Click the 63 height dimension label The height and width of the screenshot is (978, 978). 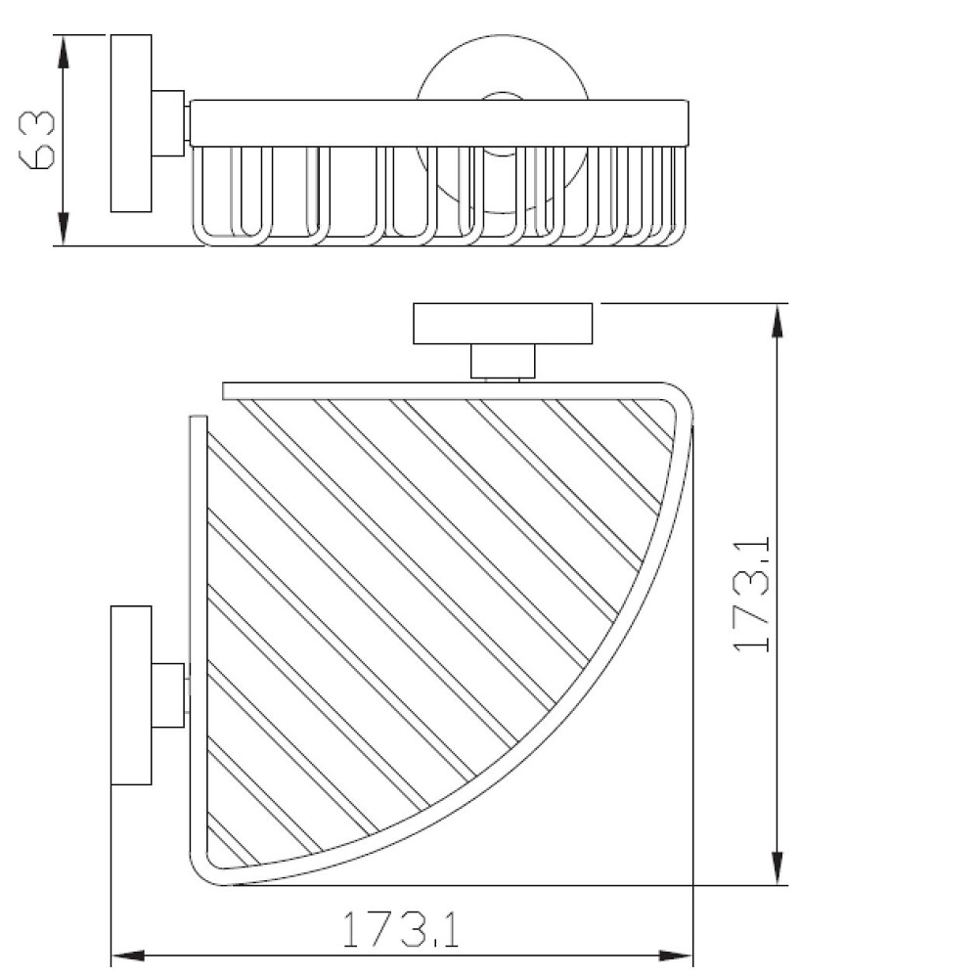coord(36,139)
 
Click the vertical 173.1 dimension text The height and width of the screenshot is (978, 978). coord(754,594)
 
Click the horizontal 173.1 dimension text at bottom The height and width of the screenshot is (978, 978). coord(401,930)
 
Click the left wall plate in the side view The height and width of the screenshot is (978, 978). coord(130,124)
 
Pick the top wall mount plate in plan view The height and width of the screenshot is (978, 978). coord(503,325)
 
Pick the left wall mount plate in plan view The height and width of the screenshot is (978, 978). coord(131,695)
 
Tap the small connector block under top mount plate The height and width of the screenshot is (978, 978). coord(503,362)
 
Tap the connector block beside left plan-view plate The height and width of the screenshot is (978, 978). coord(169,695)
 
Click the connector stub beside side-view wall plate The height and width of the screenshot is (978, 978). coord(169,124)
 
